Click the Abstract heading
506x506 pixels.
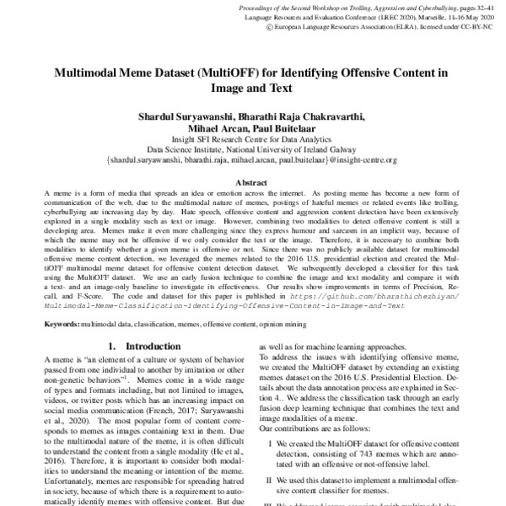[x=252, y=182]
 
